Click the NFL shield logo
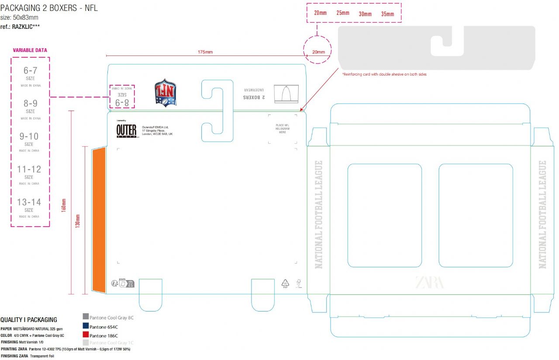point(166,93)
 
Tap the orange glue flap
point(99,220)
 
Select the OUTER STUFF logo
point(126,131)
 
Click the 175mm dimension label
point(205,52)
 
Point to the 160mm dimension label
point(64,205)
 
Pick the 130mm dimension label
point(78,221)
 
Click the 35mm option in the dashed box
point(387,14)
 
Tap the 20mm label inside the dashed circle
point(318,52)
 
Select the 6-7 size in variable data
point(30,70)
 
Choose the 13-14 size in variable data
point(29,202)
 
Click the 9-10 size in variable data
point(29,136)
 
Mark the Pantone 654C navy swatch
point(86,326)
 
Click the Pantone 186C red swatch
point(86,335)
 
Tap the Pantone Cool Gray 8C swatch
point(86,317)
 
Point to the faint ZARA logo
point(430,282)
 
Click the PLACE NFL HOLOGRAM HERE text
point(283,128)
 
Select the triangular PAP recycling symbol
point(285,283)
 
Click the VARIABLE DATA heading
point(30,50)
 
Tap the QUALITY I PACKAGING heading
point(29,320)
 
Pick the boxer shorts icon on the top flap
point(283,93)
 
